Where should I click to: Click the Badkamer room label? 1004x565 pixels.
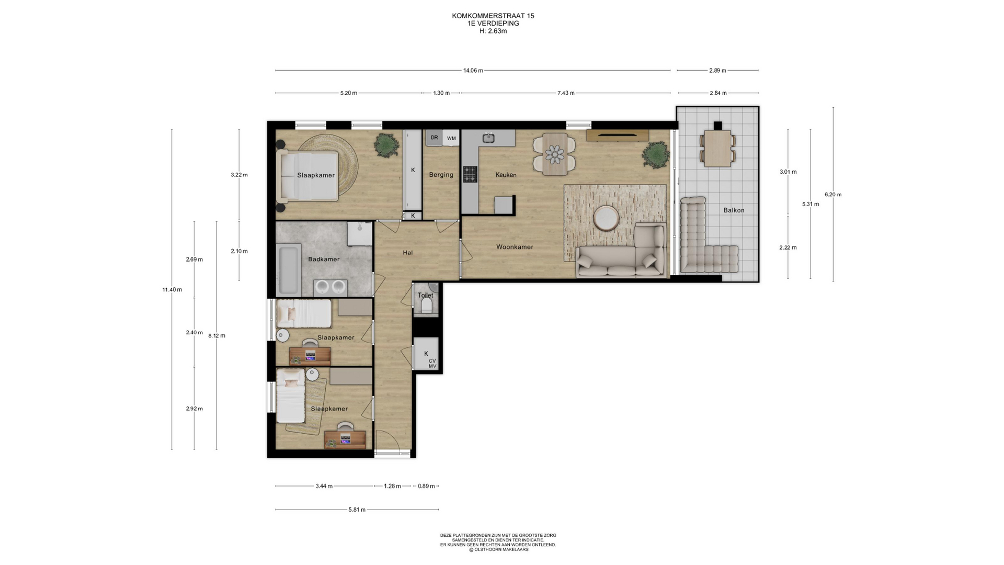coord(324,259)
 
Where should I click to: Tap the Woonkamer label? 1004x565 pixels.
coord(515,247)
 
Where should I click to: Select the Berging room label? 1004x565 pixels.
coord(441,175)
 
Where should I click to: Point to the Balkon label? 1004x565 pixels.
coord(734,210)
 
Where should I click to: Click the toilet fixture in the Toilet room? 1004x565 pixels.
coord(426,304)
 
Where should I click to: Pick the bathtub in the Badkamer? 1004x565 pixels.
coord(289,269)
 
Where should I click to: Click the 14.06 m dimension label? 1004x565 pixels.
coord(473,71)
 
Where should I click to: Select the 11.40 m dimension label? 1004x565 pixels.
coord(172,290)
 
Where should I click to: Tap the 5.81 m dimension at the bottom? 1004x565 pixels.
coord(357,510)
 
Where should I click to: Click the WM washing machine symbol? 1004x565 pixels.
coord(451,138)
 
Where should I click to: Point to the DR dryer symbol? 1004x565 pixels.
coord(434,138)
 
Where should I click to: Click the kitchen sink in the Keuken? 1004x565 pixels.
coord(488,138)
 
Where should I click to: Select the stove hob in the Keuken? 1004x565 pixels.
coord(470,174)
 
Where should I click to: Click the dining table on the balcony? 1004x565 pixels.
coord(717,148)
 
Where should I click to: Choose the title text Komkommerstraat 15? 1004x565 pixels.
coord(493,16)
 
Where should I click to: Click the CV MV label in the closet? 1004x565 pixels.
coord(432,364)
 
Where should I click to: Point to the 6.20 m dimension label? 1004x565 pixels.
coord(833,195)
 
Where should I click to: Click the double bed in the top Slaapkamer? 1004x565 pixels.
coord(308,176)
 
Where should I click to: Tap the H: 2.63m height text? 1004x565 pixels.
coord(493,31)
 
